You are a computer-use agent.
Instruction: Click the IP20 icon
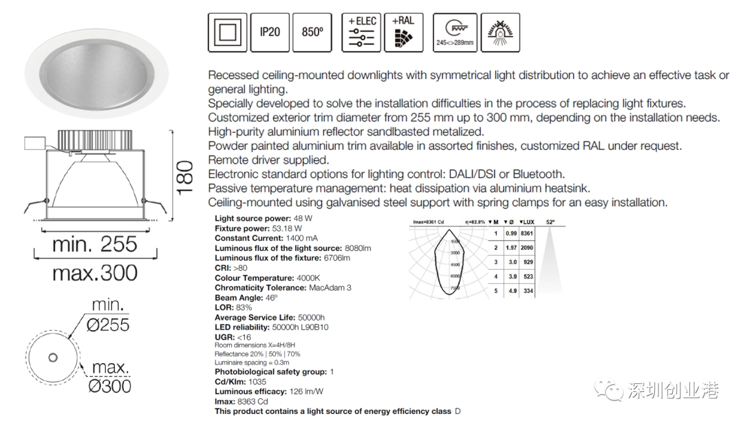point(270,32)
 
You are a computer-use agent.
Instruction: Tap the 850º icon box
point(312,32)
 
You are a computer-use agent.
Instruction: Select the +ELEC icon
point(362,32)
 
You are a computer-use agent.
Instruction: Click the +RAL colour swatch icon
point(404,32)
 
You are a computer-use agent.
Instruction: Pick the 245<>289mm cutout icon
point(455,32)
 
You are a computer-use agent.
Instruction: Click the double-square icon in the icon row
point(228,32)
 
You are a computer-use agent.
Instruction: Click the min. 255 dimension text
point(94,244)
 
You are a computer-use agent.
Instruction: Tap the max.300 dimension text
point(94,273)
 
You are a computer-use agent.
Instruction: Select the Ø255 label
point(108,325)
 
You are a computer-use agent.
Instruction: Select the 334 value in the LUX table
point(528,291)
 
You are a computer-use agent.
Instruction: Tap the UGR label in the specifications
point(224,337)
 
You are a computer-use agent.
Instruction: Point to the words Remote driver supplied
point(268,160)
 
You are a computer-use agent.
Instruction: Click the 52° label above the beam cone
point(550,223)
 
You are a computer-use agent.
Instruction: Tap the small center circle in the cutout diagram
point(52,357)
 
